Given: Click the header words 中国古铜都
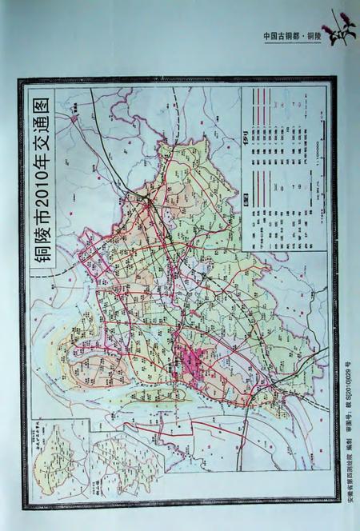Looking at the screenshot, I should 281,37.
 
